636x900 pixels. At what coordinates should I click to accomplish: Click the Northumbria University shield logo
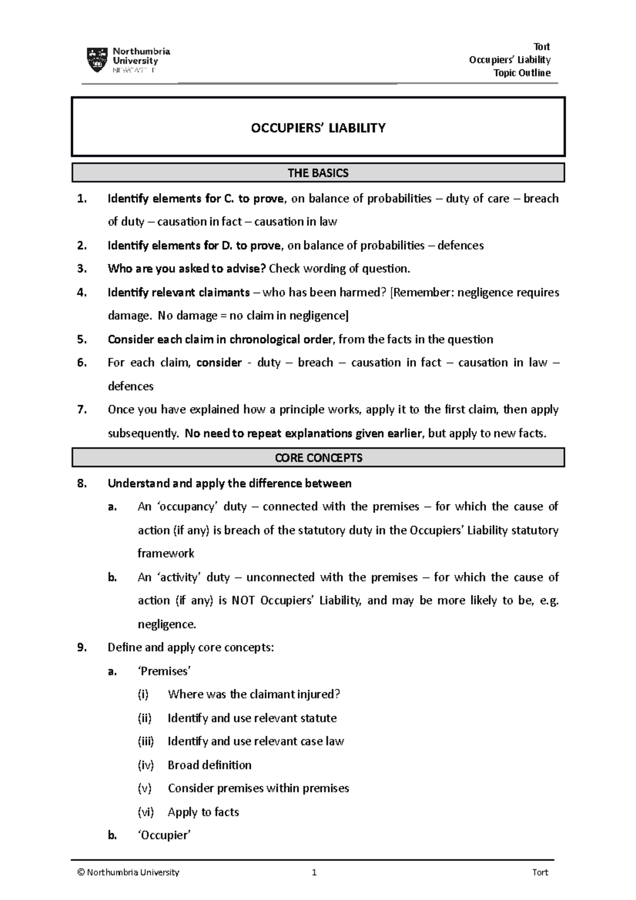pos(97,60)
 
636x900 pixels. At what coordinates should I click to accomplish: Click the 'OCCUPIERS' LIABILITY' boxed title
pos(318,128)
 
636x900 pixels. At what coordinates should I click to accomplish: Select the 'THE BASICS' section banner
pos(318,173)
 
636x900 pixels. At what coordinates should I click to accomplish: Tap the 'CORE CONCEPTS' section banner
pos(318,457)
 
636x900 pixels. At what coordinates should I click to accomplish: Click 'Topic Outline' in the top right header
pos(522,73)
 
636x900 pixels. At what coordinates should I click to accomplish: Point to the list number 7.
pos(81,410)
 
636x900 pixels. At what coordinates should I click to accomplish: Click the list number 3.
pos(81,269)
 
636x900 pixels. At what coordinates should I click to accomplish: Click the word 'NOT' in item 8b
pos(244,601)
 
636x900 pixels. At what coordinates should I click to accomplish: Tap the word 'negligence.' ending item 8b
pos(166,624)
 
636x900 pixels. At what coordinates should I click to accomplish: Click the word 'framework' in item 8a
pos(166,553)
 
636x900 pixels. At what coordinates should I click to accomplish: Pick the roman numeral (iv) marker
pos(146,765)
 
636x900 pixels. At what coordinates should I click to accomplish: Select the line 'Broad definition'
pos(209,765)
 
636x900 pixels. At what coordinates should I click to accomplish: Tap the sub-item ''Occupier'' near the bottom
pos(164,835)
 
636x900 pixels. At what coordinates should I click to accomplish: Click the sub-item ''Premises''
pos(164,671)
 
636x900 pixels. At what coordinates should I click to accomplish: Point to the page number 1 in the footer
pos(314,872)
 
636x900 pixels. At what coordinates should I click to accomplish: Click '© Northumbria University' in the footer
pos(128,872)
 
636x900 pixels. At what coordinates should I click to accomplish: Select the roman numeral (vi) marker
pos(146,812)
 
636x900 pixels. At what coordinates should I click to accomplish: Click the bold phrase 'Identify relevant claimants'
pos(179,293)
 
